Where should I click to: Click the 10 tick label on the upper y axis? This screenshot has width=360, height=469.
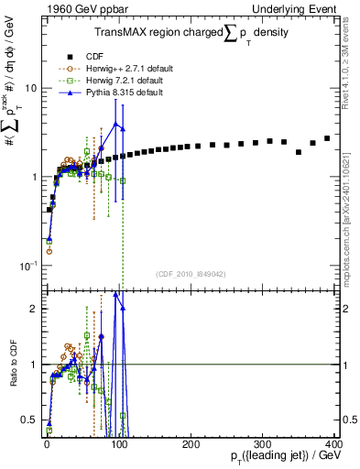(x=30, y=88)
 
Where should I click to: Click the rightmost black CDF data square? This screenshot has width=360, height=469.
(x=327, y=138)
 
